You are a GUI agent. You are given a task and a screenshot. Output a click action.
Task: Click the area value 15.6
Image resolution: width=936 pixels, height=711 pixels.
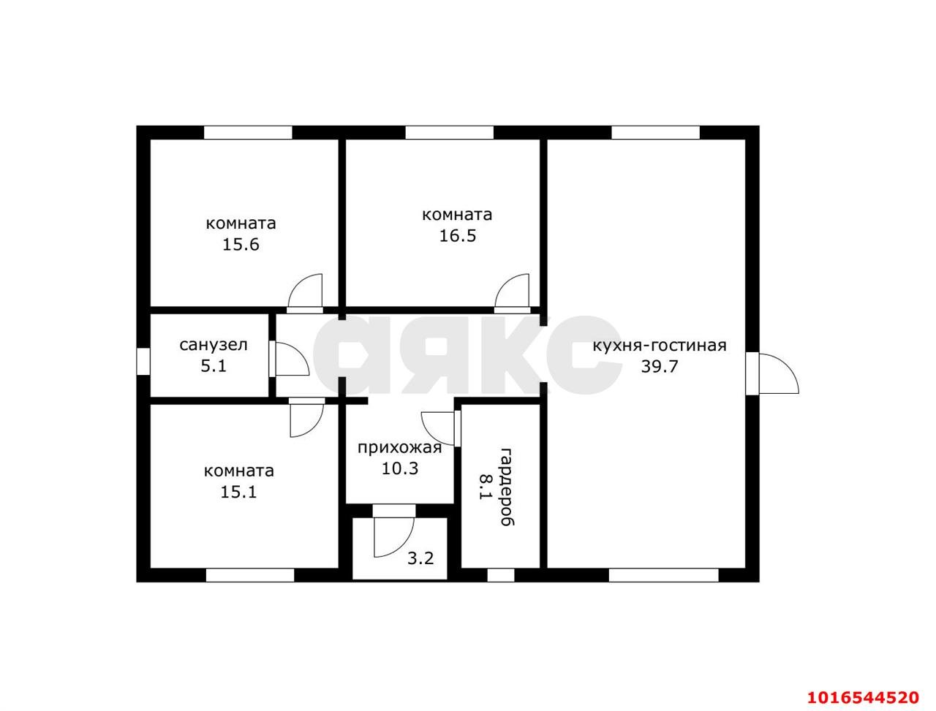coord(241,245)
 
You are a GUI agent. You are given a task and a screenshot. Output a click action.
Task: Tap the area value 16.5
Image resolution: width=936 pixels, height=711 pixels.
coord(458,235)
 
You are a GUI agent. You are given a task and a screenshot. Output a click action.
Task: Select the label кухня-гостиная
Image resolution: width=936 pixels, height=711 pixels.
coord(660,345)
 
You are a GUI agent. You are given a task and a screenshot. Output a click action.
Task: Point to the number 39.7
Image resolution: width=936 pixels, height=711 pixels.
coord(660,366)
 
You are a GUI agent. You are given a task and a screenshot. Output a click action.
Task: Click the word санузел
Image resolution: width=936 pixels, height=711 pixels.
coord(214,345)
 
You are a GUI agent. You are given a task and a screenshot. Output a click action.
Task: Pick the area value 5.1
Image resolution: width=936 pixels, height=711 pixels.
coord(214,366)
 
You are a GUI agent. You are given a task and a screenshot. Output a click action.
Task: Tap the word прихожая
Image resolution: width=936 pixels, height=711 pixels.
coord(399,448)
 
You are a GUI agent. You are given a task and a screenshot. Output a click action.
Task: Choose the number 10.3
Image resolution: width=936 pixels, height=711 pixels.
coord(399,468)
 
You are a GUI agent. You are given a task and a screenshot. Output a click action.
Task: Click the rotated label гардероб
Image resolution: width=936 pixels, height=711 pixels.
coord(507,487)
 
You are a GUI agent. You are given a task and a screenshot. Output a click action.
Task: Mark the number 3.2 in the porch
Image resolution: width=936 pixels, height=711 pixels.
coord(420,558)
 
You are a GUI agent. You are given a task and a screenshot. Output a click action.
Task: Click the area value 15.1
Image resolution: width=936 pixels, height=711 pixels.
coord(238,493)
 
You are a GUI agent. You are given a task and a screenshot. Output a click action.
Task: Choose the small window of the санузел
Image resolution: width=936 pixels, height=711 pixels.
coord(143,361)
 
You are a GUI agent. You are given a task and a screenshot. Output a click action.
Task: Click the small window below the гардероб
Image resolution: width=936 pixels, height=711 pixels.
coord(501,575)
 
